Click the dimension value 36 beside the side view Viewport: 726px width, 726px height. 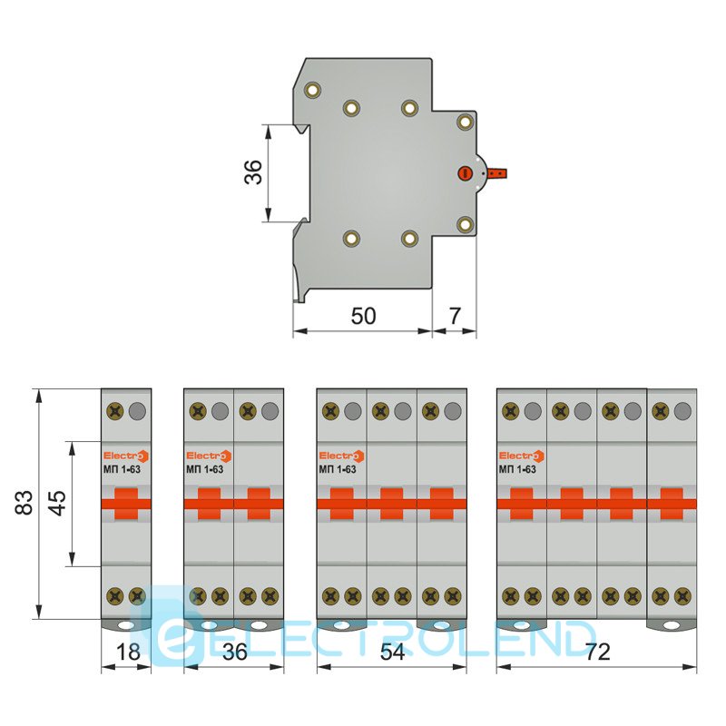point(253,172)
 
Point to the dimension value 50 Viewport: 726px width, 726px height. point(364,316)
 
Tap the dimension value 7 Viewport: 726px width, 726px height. point(456,316)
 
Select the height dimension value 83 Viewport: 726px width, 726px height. point(25,503)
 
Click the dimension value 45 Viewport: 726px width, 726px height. point(58,504)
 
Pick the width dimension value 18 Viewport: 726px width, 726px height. point(128,652)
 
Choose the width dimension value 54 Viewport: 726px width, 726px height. point(392,652)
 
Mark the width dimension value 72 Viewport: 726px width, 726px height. point(598,652)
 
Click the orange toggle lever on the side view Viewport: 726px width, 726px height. point(496,173)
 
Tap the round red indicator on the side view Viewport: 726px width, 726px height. point(465,173)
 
